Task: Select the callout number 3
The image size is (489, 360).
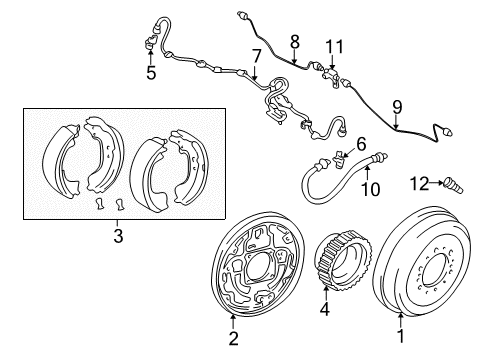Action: coord(118,236)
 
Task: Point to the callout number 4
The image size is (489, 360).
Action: coord(325,309)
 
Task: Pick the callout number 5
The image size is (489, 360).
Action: coord(151,72)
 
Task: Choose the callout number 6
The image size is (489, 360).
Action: coord(362,143)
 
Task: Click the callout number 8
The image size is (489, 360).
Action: coord(294,40)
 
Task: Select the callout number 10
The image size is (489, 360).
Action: coord(369,188)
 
